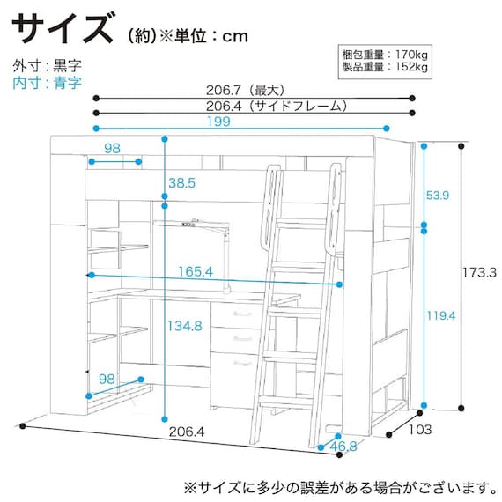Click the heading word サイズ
tap(63, 28)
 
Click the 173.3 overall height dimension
tap(483, 275)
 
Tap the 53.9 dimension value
tap(438, 195)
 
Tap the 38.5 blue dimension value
tap(181, 183)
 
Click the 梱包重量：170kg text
tap(385, 55)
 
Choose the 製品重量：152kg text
tap(385, 67)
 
